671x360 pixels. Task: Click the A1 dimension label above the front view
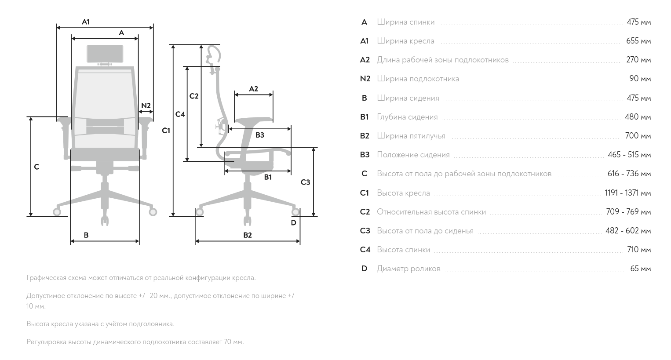click(86, 22)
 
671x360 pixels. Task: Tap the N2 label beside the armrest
click(146, 105)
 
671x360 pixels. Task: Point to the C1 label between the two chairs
click(166, 130)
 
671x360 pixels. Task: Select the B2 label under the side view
click(248, 235)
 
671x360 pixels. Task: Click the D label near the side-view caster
click(293, 222)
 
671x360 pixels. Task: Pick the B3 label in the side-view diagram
click(260, 135)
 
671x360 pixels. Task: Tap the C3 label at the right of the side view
click(305, 182)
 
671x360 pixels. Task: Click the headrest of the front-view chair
click(105, 54)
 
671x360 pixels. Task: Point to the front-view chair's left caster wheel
click(57, 212)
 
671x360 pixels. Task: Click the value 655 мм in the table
click(638, 41)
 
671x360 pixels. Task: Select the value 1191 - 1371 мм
click(627, 193)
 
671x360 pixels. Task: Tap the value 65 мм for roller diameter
click(640, 269)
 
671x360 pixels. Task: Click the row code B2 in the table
click(365, 136)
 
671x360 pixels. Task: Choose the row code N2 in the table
click(365, 79)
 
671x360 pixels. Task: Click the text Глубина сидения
click(407, 117)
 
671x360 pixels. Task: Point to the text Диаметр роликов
click(408, 269)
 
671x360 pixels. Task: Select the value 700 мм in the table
click(638, 136)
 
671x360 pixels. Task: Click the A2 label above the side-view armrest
click(254, 89)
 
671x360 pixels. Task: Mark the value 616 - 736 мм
click(629, 174)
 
